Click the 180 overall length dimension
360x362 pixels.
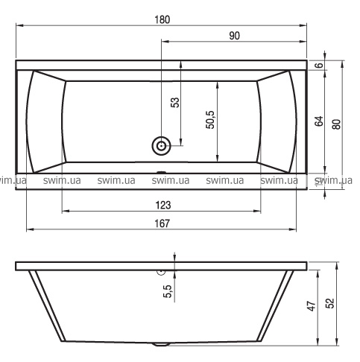[x=162, y=20]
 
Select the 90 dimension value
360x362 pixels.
[x=234, y=36]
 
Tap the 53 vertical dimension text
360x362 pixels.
[x=175, y=102]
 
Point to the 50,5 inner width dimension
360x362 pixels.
[x=210, y=120]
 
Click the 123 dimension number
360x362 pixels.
[x=163, y=206]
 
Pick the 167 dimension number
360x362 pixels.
[x=162, y=223]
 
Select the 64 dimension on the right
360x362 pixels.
[x=319, y=121]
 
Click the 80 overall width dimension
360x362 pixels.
[x=337, y=124]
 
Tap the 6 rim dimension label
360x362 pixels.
[x=319, y=66]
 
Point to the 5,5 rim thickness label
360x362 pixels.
[x=168, y=291]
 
